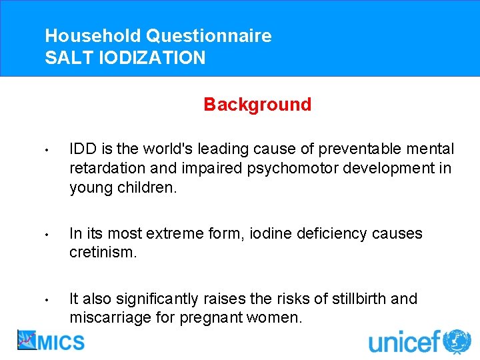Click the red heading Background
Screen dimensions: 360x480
click(x=257, y=105)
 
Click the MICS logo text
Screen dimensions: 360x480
click(x=62, y=342)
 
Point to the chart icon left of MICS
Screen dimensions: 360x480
click(x=27, y=341)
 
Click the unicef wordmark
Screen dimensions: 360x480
click(x=405, y=342)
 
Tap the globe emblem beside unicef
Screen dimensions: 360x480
click(x=457, y=341)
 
